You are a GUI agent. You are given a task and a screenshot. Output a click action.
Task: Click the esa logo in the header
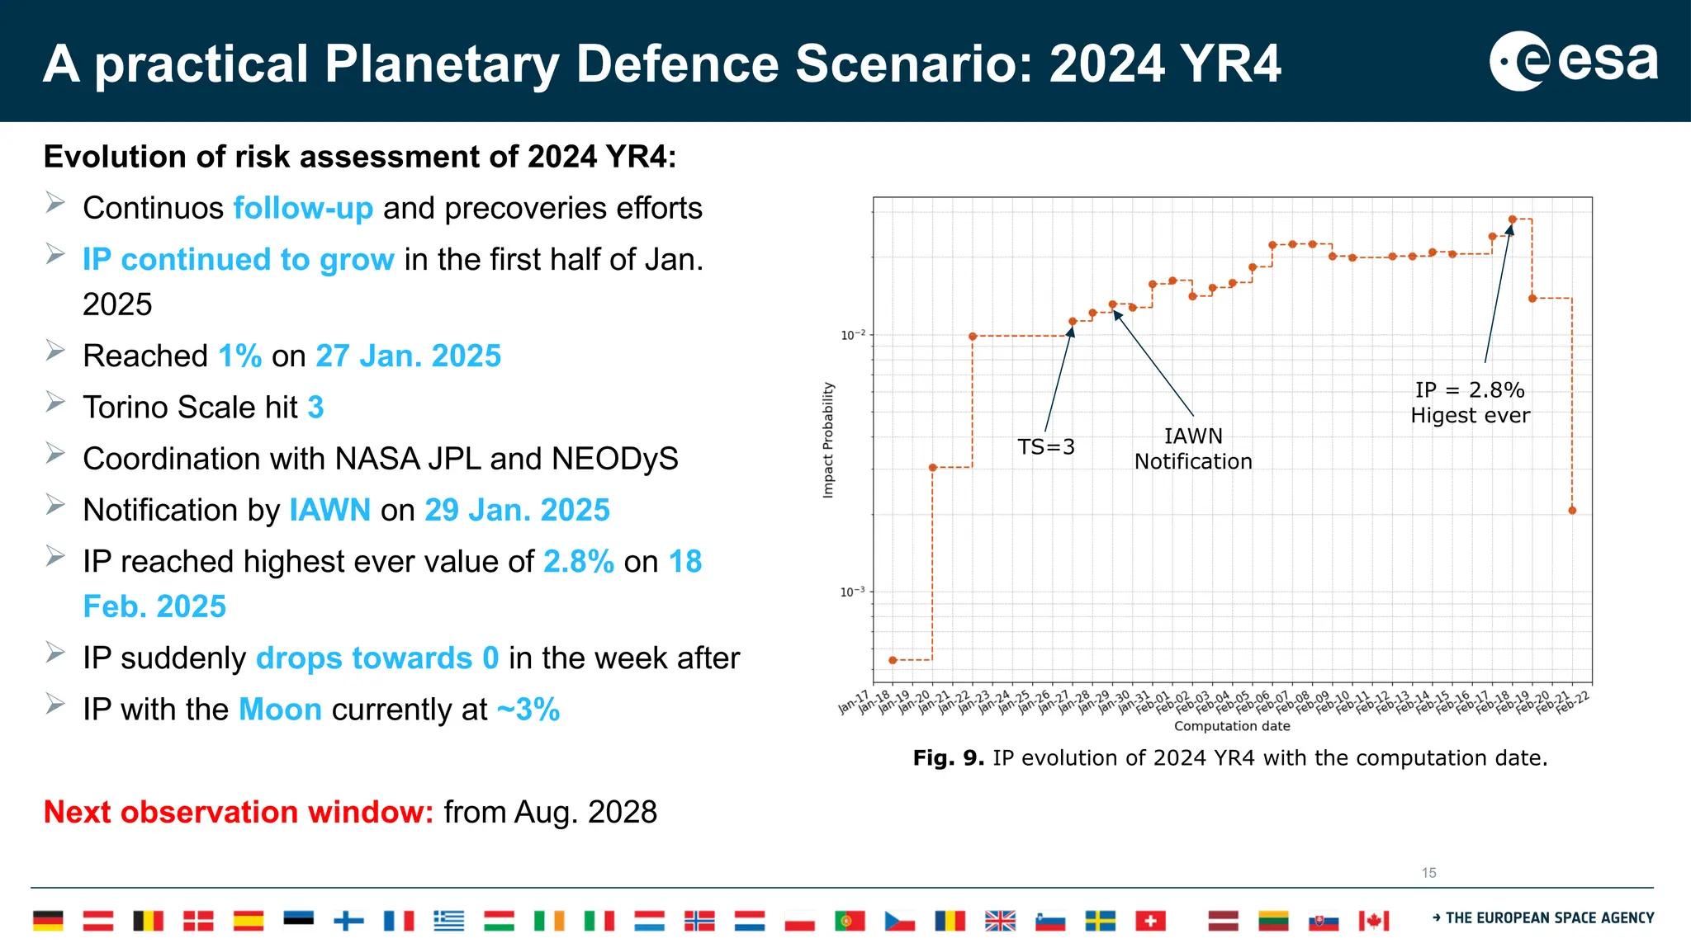[1573, 61]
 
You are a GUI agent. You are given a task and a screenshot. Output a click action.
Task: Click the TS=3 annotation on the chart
[1045, 447]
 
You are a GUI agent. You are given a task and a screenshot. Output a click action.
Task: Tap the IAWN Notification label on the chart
[1193, 449]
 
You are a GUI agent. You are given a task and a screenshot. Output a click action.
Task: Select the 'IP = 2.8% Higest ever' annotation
[1470, 403]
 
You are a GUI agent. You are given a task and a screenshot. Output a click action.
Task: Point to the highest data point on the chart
[1512, 219]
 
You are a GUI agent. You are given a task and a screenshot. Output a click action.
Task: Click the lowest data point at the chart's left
[893, 660]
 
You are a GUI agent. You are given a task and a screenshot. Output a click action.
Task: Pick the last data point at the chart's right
[1572, 511]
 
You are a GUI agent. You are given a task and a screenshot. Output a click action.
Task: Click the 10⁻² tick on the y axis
[853, 335]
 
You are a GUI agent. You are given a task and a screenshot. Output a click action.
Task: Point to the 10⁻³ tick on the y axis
[853, 592]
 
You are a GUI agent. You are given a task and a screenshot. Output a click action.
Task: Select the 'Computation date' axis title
[1231, 726]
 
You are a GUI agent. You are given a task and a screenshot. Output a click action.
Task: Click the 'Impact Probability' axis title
[828, 440]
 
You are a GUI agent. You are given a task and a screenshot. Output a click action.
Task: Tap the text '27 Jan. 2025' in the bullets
[408, 356]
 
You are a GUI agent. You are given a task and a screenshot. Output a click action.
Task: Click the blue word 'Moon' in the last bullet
[280, 710]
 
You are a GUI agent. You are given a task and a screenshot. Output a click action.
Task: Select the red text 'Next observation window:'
[238, 812]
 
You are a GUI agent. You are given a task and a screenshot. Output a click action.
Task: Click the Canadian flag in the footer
[1374, 921]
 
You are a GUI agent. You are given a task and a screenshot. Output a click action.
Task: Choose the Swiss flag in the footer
[1150, 921]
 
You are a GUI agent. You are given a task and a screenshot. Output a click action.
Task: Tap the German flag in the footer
[48, 921]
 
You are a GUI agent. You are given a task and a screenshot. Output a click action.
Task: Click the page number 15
[1428, 873]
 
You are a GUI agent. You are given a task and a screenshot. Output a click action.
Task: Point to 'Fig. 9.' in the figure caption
[948, 758]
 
